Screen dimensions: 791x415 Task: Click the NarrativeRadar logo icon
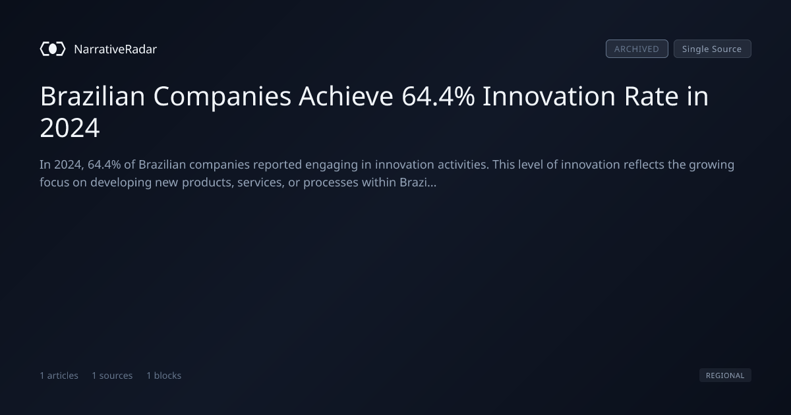53,49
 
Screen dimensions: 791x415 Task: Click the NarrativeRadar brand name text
115,49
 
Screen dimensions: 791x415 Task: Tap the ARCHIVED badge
637,49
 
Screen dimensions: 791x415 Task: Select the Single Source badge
713,49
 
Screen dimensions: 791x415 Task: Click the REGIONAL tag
725,375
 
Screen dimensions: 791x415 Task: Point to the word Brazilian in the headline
92,96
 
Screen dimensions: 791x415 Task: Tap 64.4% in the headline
438,96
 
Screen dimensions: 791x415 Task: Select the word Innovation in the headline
549,96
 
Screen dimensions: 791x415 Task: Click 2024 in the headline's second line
70,128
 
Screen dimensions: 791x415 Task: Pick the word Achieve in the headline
345,96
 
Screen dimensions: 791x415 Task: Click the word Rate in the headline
651,96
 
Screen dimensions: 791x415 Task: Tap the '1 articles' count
59,375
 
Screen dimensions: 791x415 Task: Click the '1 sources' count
112,375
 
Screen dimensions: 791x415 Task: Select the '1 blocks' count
164,375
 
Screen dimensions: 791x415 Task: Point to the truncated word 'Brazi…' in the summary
418,182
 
